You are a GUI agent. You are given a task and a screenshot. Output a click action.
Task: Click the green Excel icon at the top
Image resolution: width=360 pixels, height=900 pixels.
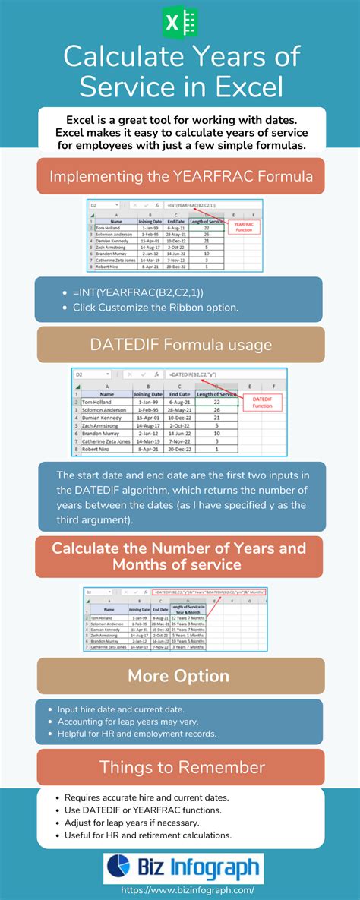[180, 21]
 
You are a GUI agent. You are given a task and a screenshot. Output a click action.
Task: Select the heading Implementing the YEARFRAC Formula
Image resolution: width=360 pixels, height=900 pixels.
[180, 175]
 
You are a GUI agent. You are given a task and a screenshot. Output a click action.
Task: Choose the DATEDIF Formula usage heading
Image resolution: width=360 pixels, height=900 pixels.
[180, 345]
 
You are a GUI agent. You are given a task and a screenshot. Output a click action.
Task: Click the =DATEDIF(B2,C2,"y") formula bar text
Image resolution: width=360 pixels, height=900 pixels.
[192, 374]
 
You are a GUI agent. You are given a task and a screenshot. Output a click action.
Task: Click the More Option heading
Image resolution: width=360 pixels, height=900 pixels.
[180, 676]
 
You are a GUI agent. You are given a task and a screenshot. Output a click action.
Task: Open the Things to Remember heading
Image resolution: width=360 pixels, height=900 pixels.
[180, 767]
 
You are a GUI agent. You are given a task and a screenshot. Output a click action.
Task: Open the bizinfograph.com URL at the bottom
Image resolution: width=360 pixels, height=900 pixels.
[180, 889]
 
